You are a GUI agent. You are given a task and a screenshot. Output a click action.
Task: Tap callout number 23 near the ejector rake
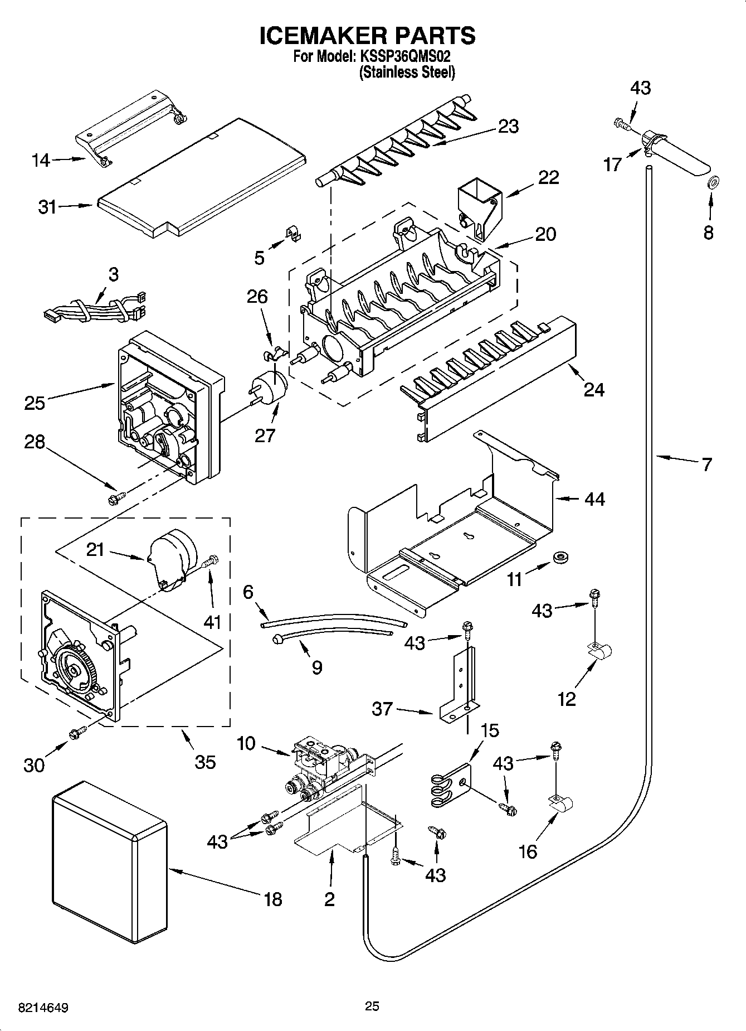coord(508,126)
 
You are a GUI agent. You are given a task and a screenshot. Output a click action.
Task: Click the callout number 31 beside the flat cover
coord(47,207)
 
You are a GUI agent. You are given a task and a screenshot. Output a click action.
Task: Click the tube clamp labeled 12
coord(600,651)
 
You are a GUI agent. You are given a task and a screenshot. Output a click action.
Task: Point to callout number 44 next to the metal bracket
coord(594,498)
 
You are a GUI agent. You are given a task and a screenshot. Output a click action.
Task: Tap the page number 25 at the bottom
coord(372,1006)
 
